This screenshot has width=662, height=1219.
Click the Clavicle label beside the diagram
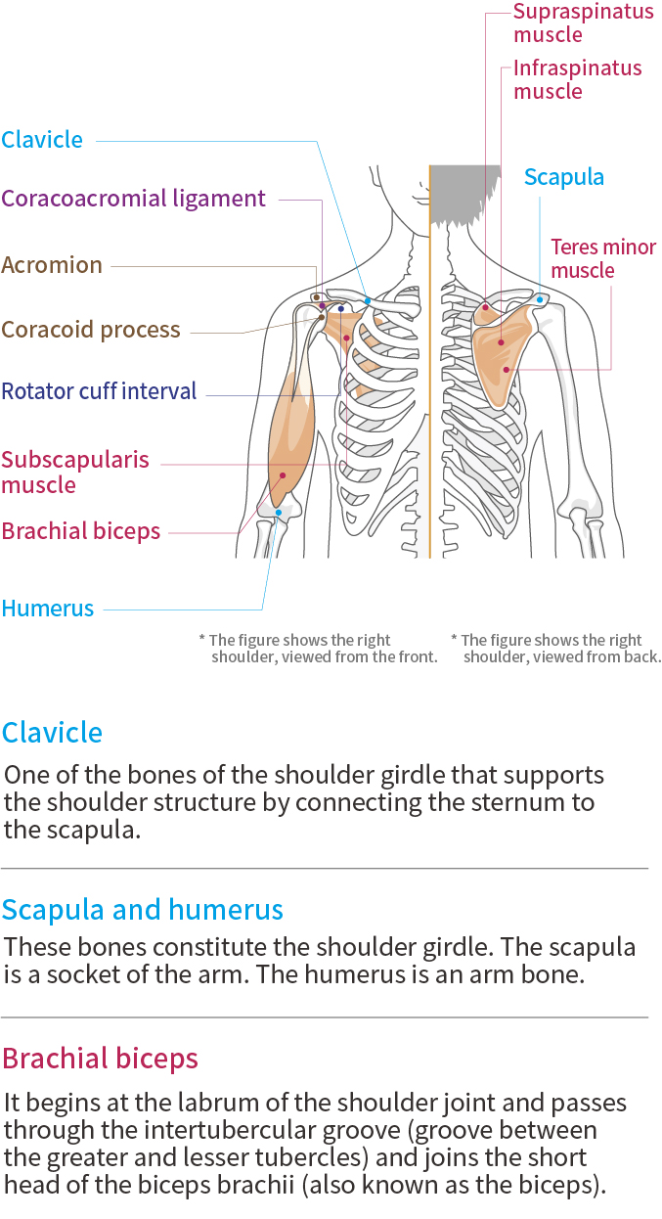42,140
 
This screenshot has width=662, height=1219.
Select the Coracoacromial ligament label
133,199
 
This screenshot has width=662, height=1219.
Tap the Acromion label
52,265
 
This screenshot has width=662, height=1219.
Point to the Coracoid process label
91,330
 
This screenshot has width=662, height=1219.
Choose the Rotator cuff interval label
99,392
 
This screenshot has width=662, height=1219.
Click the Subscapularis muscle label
75,472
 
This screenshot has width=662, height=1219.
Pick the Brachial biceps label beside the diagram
81,531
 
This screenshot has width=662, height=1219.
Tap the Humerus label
48,609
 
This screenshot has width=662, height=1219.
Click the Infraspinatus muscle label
577,79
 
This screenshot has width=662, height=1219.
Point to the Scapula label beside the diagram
564,177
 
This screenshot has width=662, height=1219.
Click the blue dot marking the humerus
279,512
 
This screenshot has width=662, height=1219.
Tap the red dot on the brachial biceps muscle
283,476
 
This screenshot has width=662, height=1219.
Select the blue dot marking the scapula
540,299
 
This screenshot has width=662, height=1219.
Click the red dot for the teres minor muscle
507,369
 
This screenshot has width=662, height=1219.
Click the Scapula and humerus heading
143,910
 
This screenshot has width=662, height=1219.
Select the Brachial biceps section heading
100,1059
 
